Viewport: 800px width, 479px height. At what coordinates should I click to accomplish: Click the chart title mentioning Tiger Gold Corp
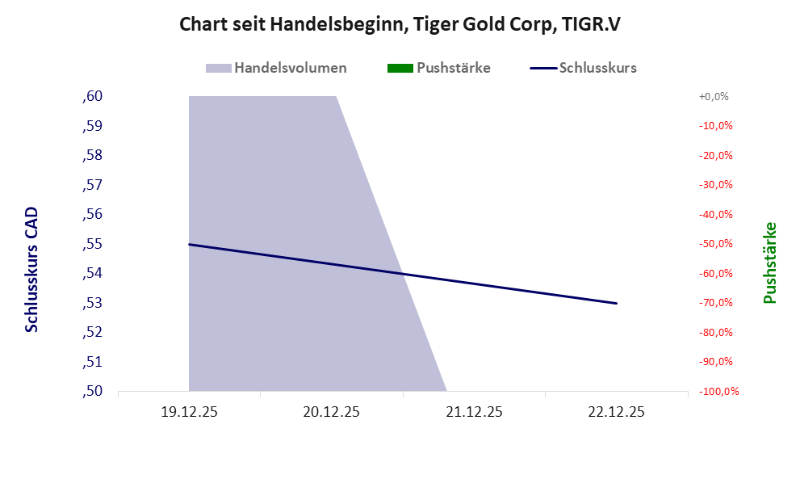tap(400, 25)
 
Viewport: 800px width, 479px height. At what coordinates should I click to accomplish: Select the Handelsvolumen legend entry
tap(277, 68)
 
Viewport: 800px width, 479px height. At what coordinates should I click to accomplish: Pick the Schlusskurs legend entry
tap(584, 68)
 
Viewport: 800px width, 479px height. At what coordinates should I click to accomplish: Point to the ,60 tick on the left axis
tap(92, 96)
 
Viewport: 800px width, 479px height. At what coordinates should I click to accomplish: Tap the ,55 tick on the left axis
tap(92, 244)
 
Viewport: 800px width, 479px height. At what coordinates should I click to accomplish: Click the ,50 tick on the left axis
tap(92, 391)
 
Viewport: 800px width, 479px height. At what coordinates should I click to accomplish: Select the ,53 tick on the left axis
tap(92, 303)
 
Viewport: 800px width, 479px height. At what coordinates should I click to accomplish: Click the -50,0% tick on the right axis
tap(714, 244)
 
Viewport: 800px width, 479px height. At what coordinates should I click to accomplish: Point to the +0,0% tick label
tap(714, 96)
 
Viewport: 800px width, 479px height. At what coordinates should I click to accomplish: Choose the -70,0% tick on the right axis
tap(714, 303)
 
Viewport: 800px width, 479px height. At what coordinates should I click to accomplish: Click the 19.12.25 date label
tap(190, 412)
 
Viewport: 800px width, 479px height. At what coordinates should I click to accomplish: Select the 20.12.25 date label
tap(332, 412)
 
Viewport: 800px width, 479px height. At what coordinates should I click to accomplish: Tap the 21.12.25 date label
tap(475, 412)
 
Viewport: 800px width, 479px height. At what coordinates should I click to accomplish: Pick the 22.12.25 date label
tap(617, 412)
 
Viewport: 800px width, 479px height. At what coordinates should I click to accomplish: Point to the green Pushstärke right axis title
tap(769, 263)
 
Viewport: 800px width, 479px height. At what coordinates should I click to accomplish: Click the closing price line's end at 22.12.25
tap(617, 303)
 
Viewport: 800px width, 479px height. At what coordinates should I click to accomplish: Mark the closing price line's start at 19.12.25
tap(190, 244)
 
